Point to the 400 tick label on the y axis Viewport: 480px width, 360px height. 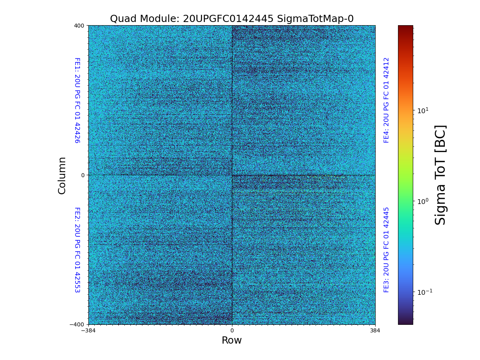tap(79, 26)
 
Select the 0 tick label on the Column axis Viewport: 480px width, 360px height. tap(83, 175)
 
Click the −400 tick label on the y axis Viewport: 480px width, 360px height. tap(78, 324)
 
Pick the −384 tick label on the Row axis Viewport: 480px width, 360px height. tap(88, 331)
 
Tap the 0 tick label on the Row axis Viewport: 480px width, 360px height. tap(232, 331)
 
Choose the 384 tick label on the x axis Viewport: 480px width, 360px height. tap(375, 331)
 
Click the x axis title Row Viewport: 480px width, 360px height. tap(232, 340)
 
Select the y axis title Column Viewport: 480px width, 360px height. tap(62, 175)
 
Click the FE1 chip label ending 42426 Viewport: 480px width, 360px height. tap(77, 100)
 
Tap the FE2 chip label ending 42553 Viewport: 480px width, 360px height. tap(77, 250)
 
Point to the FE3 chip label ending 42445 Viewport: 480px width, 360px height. tap(386, 250)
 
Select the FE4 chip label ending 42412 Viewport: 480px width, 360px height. tap(386, 100)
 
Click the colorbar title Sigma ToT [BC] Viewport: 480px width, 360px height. tap(440, 175)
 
